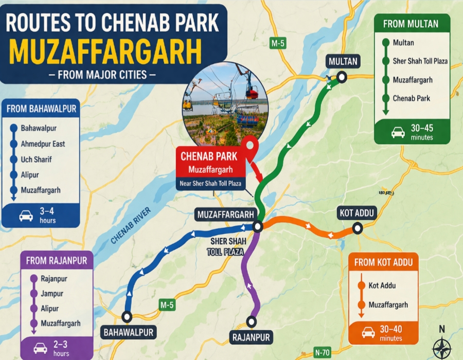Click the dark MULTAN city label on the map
343,62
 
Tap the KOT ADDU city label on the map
358,212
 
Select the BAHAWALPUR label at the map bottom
129,332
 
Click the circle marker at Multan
342,78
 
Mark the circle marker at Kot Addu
357,228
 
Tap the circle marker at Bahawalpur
127,316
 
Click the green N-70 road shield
322,352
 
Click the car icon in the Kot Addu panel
368,333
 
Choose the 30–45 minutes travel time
421,133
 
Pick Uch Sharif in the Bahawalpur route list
36,159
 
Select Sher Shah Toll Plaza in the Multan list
420,61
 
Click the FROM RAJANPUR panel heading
57,261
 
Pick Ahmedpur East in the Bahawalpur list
43,144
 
